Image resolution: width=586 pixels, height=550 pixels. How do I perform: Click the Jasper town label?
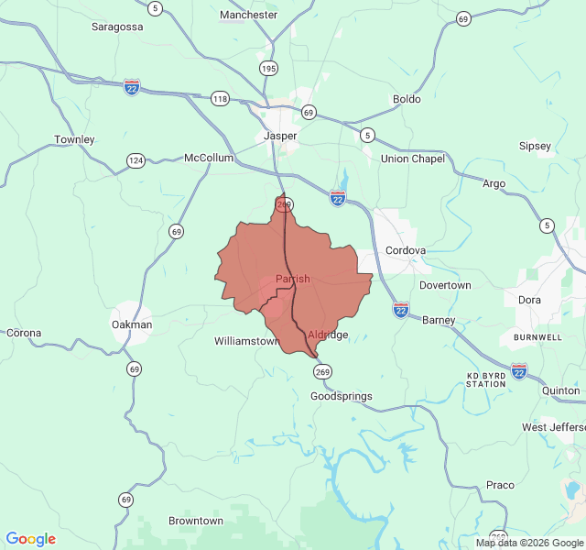tap(280, 136)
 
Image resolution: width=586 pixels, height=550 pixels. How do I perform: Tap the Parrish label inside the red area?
tap(292, 279)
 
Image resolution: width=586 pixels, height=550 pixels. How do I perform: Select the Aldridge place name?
tap(328, 335)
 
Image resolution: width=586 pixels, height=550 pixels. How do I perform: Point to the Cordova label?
tap(406, 250)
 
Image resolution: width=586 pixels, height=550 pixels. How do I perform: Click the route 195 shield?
tap(268, 69)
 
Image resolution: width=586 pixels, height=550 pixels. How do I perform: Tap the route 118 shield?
tap(220, 98)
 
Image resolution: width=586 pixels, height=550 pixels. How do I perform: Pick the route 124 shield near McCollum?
tap(136, 160)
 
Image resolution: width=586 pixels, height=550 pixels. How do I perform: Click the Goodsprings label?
tap(342, 397)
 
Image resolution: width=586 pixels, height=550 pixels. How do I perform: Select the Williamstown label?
tap(246, 341)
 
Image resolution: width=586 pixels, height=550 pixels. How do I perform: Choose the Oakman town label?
tap(132, 324)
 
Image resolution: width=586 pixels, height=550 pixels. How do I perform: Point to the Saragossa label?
tap(117, 27)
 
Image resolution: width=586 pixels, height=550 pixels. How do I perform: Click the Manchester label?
tap(248, 15)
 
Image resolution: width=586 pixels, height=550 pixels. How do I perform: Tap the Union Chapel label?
tap(413, 159)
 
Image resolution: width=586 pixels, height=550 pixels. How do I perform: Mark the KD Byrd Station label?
tap(486, 379)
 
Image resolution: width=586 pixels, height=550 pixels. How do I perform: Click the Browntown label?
tap(196, 521)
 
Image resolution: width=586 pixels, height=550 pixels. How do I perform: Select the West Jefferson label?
tap(554, 427)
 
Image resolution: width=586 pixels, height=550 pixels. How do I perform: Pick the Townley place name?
tap(74, 139)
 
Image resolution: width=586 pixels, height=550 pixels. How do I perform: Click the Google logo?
tap(30, 539)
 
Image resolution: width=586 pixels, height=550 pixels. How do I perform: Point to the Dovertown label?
tap(445, 285)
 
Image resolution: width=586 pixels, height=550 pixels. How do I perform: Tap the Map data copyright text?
tap(529, 543)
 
